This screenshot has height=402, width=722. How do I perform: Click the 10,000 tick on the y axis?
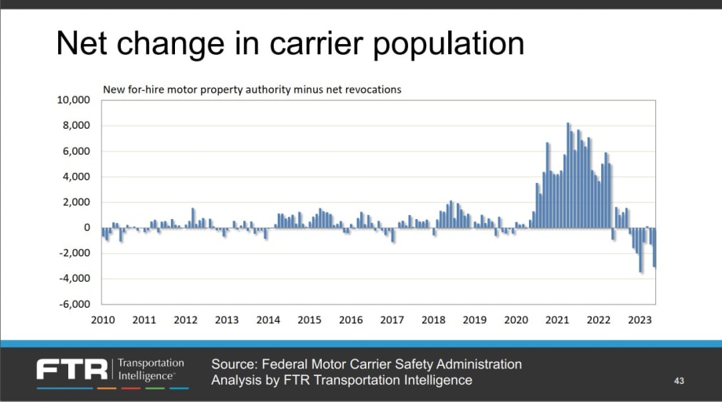pyautogui.click(x=75, y=100)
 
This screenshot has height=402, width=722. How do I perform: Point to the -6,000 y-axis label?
pyautogui.click(x=77, y=305)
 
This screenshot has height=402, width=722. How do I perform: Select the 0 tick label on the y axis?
pyautogui.click(x=87, y=228)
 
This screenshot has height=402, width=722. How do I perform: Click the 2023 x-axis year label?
pyautogui.click(x=640, y=320)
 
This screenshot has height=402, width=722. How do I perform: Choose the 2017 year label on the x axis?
pyautogui.click(x=392, y=320)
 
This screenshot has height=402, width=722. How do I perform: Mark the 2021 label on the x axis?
pyautogui.click(x=557, y=320)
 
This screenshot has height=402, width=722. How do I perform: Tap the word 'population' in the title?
pyautogui.click(x=454, y=45)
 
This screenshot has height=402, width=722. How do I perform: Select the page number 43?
pyautogui.click(x=680, y=381)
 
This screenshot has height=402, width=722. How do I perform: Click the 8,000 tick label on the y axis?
pyautogui.click(x=78, y=126)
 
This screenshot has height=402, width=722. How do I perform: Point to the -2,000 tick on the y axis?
pyautogui.click(x=77, y=254)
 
